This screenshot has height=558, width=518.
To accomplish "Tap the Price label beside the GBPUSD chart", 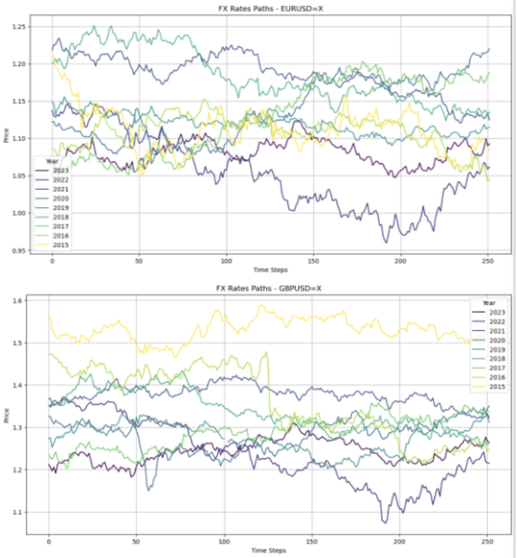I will (5, 416).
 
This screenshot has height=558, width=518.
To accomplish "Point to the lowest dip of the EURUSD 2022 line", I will (386, 242).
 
